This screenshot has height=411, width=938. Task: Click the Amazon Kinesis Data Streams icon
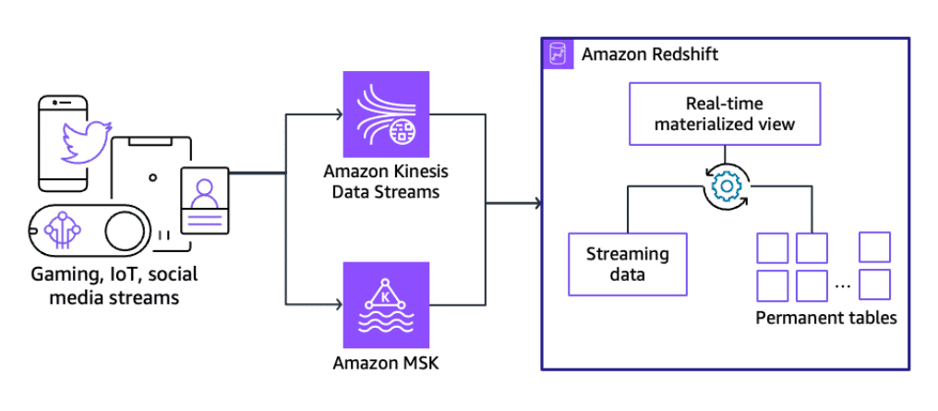tap(385, 115)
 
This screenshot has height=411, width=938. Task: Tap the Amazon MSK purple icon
tap(385, 302)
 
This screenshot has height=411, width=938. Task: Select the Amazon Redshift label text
tap(649, 54)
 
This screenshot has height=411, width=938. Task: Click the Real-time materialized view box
tap(725, 115)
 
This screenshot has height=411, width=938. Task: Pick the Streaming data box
tap(627, 262)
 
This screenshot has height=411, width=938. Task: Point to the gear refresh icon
tap(726, 187)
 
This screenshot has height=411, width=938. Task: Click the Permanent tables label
tap(826, 319)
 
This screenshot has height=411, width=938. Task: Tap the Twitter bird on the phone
tap(82, 139)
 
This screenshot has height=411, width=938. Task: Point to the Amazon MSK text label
tap(385, 362)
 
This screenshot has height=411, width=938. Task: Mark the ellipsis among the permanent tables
tap(841, 284)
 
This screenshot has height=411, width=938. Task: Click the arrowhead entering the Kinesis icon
tap(337, 115)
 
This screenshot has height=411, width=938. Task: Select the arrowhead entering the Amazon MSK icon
tap(337, 302)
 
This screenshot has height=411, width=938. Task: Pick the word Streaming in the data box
tap(627, 253)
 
